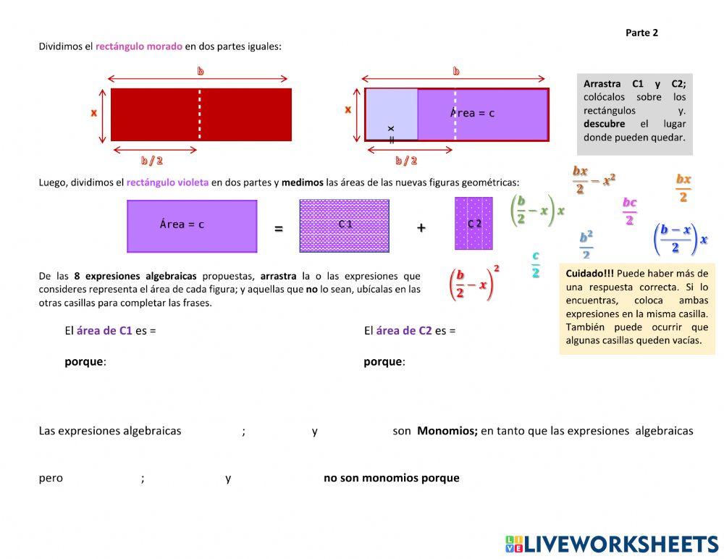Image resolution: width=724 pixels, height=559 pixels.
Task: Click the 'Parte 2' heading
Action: tap(641, 33)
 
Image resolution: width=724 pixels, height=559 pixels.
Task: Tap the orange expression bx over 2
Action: tap(683, 188)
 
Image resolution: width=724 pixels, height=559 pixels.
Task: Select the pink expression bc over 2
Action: tap(629, 211)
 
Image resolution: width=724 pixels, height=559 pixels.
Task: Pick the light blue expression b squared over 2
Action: tap(586, 245)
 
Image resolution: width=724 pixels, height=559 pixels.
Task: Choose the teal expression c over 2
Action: tap(535, 264)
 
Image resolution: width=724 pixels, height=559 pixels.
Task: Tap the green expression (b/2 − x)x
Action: tap(537, 210)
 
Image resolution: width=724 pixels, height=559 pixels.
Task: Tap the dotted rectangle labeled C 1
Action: tap(344, 225)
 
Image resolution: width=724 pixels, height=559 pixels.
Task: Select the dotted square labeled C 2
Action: tap(473, 224)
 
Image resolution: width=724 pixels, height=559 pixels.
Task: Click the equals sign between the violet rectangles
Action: tap(279, 229)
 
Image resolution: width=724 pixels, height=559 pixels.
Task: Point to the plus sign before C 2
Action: tap(421, 227)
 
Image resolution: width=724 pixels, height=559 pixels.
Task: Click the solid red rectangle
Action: tap(201, 114)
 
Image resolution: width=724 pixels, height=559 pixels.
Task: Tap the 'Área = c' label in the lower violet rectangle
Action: tap(182, 224)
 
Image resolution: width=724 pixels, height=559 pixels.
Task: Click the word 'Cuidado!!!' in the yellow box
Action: tap(589, 274)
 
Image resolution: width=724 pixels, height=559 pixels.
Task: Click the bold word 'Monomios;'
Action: tap(447, 431)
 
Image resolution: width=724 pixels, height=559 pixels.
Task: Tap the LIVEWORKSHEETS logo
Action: tap(611, 545)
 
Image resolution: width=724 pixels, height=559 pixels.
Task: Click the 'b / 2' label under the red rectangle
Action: tap(152, 161)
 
